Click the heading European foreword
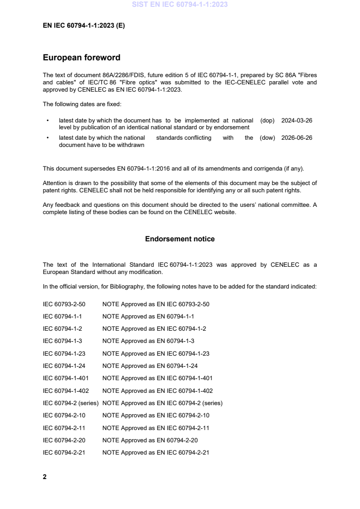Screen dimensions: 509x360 (x=81, y=58)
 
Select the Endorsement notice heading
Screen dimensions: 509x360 (x=180, y=239)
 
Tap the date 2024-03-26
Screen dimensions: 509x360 (x=296, y=121)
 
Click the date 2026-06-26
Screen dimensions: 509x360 (x=296, y=138)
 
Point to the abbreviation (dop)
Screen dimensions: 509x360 (x=267, y=121)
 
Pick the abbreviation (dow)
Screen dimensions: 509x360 (x=267, y=138)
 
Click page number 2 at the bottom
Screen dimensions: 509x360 (x=44, y=477)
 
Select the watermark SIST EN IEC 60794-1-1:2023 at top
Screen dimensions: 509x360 (x=180, y=5)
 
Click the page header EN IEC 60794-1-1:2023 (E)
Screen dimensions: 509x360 (x=84, y=26)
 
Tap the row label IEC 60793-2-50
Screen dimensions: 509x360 (x=64, y=304)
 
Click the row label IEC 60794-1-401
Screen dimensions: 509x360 (x=65, y=378)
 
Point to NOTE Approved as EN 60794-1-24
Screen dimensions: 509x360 (x=150, y=366)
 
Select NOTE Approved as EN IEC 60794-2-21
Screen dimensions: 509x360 (x=156, y=452)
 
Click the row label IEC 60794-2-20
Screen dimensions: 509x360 (x=64, y=440)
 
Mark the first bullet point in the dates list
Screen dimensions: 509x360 (x=48, y=121)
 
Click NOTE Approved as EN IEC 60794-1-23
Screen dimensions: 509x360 (x=156, y=353)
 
